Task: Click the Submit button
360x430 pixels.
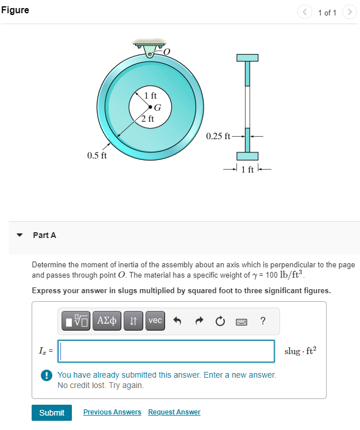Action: coord(52,413)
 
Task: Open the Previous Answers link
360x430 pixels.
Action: coord(112,412)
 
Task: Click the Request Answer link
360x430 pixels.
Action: coord(174,412)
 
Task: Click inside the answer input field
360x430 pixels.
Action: coord(167,351)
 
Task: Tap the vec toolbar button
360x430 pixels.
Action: coord(155,321)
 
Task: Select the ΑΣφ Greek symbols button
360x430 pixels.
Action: coord(109,321)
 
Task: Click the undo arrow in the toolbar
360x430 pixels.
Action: coord(178,321)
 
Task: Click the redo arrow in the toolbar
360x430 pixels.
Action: coord(198,321)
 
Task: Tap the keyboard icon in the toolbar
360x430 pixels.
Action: coord(241,321)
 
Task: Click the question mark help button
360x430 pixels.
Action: coord(263,321)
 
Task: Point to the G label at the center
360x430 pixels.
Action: coord(158,106)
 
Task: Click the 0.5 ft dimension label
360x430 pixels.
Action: coord(97,155)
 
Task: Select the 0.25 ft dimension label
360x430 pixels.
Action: coord(218,136)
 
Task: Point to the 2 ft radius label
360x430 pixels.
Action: coord(147,119)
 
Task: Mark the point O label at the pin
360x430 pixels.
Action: coord(167,52)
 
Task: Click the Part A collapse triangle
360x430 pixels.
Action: coord(20,235)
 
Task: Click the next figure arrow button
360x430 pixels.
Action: coord(349,12)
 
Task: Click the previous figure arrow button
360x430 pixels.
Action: coord(305,12)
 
